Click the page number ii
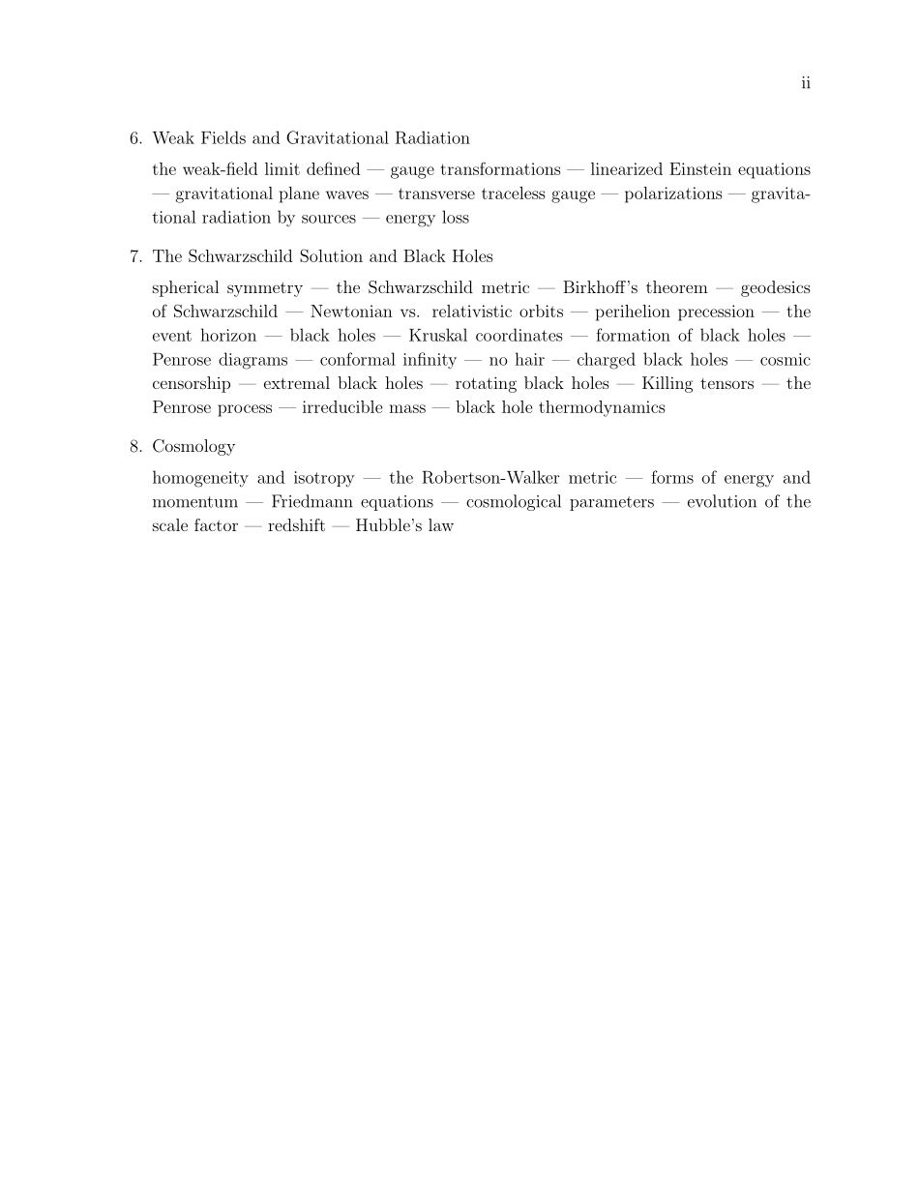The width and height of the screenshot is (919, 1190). coord(806,83)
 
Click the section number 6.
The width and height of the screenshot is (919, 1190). coord(135,138)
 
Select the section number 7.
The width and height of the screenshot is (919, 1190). coord(135,256)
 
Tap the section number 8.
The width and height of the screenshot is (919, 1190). coord(135,446)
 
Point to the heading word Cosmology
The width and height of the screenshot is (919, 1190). coord(193,447)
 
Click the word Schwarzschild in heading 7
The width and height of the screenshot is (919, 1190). coord(233,256)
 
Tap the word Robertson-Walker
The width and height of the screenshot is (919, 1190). coord(490,478)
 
